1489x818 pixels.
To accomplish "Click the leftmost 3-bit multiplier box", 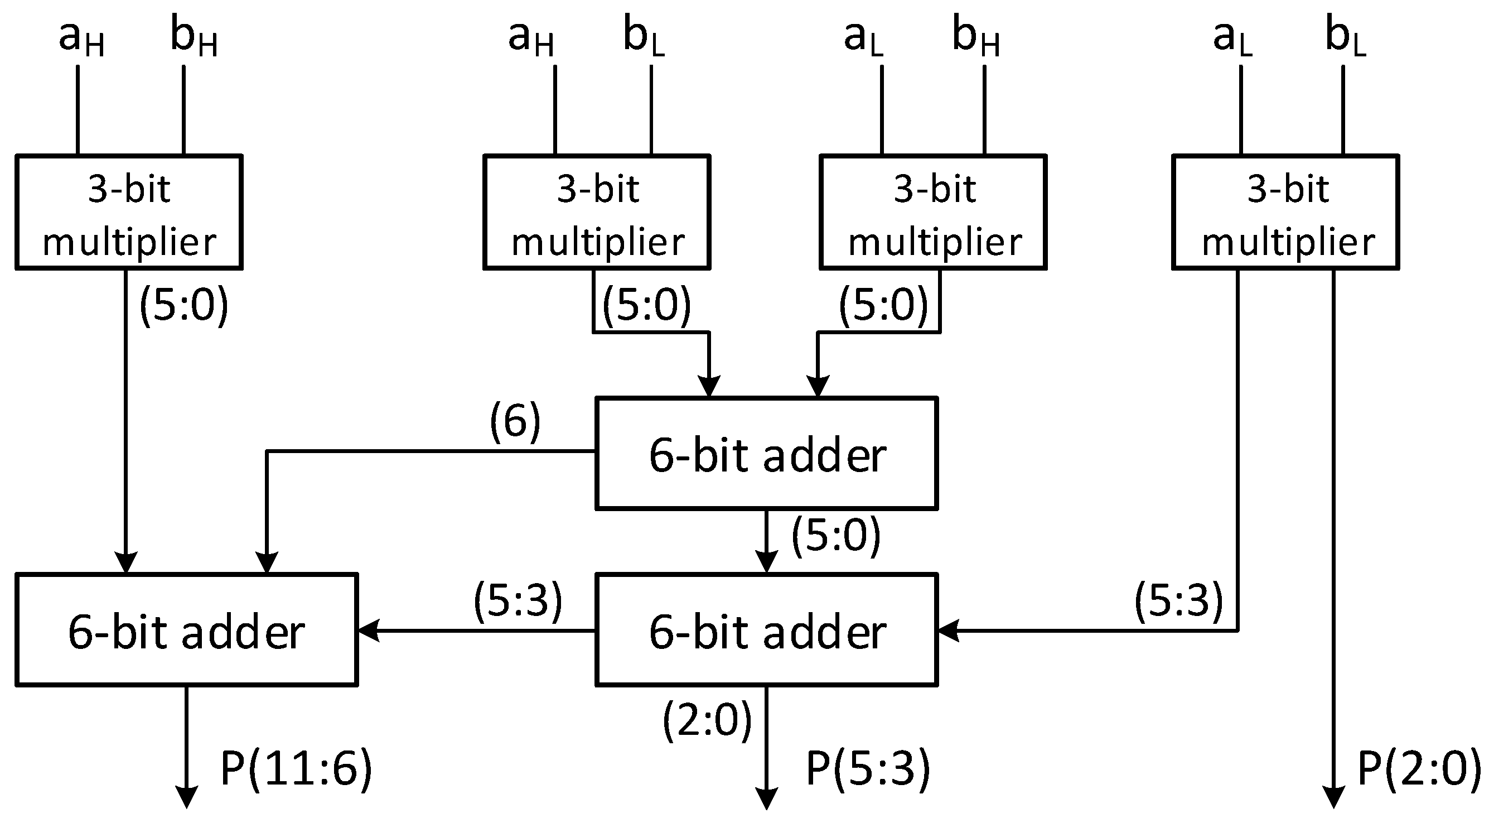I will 128,211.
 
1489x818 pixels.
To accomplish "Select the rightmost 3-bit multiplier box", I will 1285,211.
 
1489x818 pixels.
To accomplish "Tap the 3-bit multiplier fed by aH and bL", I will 597,211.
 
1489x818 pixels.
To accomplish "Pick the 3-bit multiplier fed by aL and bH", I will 933,211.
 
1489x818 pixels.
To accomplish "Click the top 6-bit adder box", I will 766,453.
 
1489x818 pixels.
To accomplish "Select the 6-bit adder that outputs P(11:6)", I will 186,630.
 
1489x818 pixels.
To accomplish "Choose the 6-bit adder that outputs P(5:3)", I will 766,630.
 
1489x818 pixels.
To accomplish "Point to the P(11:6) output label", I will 296,769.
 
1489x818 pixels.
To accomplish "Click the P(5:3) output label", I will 867,769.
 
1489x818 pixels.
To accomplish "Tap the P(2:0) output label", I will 1419,769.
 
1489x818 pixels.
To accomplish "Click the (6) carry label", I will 515,421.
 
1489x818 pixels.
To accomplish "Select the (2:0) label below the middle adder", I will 707,720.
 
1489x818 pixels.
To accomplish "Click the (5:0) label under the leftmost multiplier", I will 184,305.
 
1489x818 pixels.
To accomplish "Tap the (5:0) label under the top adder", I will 835,535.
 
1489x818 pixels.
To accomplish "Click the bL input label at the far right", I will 1345,37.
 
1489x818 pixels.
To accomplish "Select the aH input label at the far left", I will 81,37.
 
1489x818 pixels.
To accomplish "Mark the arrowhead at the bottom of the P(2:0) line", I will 1333,798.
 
